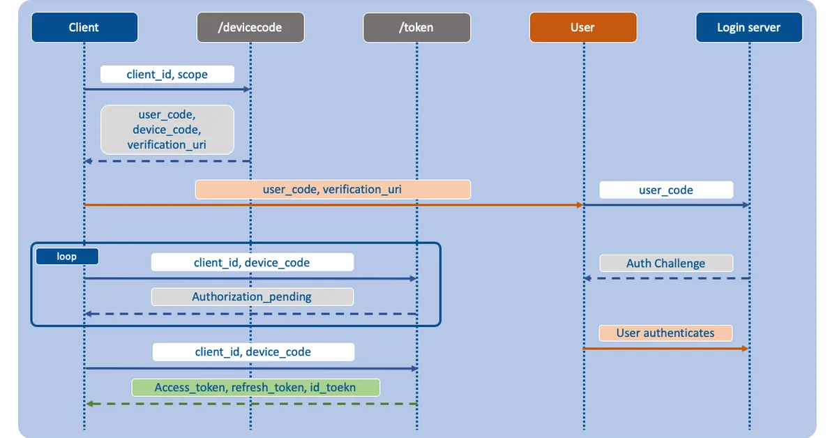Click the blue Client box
tap(84, 28)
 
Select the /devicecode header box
tap(250, 28)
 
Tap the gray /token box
tap(416, 28)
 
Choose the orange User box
tap(583, 28)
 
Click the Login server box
tap(749, 28)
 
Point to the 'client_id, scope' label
tap(167, 74)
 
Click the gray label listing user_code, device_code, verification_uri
tap(167, 130)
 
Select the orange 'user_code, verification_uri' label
tap(333, 189)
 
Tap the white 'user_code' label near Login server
tap(666, 190)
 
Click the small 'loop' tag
tap(67, 257)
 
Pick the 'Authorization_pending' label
tap(252, 296)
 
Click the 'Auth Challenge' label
tap(666, 263)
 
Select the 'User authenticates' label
tap(665, 333)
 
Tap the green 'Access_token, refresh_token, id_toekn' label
tap(256, 387)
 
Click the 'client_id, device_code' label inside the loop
tap(252, 262)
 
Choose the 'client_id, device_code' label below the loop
tap(253, 352)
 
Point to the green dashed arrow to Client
tap(251, 404)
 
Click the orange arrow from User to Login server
tap(665, 348)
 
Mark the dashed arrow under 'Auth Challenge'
tap(666, 278)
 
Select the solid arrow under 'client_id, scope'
tap(167, 89)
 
